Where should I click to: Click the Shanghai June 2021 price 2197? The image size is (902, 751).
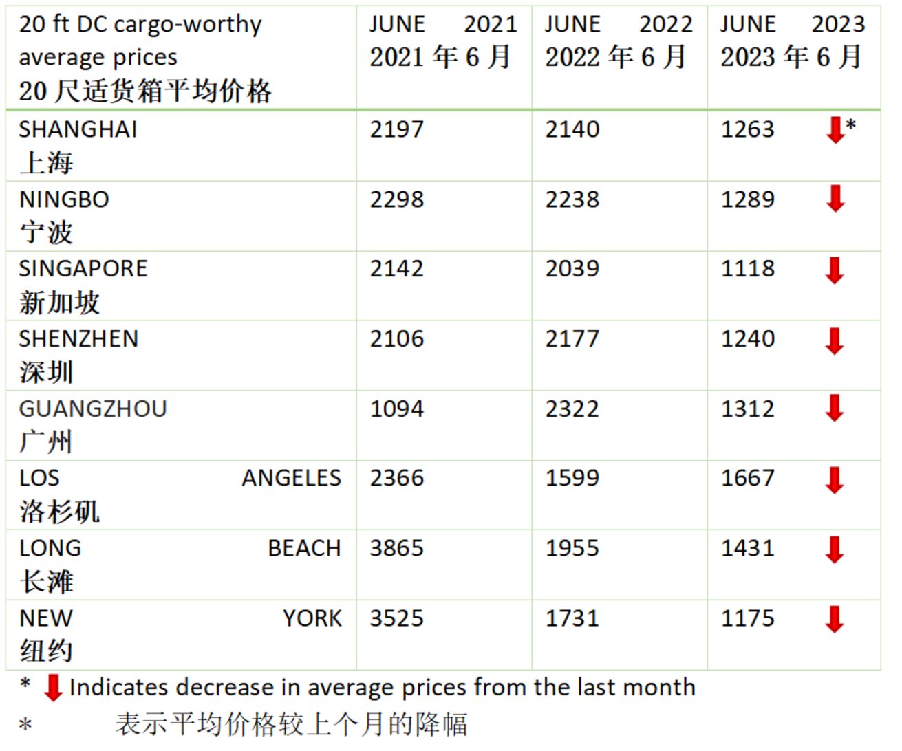[x=397, y=129]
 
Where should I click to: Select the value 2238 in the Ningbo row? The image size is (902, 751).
[x=572, y=199]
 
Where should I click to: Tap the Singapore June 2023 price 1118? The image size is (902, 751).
[x=748, y=268]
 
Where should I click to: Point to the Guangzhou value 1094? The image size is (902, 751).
[x=397, y=409]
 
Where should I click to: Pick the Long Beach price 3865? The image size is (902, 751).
[x=397, y=548]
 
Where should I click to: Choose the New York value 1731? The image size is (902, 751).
[x=572, y=618]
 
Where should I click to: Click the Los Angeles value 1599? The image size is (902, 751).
[x=572, y=478]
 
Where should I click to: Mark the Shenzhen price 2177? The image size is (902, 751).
[x=572, y=338]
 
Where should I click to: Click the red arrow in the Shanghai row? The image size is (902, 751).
[x=835, y=130]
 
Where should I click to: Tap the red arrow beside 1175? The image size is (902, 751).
[x=835, y=619]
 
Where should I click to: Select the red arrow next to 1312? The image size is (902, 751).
[x=835, y=408]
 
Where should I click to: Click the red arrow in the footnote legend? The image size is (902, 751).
[x=53, y=687]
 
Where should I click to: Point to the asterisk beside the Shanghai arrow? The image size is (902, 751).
[x=851, y=125]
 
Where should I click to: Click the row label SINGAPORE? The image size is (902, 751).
[x=83, y=268]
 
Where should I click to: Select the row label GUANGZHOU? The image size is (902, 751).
[x=93, y=409]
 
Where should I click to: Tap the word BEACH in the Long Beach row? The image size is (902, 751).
[x=304, y=548]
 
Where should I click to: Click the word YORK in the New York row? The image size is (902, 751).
[x=312, y=618]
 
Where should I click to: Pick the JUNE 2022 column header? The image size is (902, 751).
[x=619, y=24]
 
